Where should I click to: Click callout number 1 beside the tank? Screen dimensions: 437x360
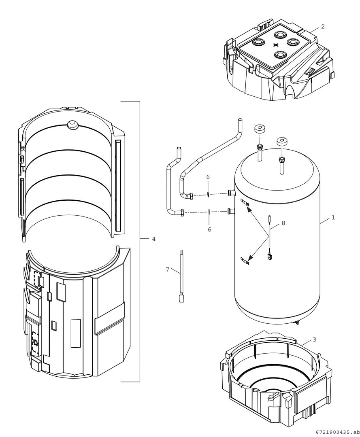point(333,217)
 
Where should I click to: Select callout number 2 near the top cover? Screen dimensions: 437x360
point(322,27)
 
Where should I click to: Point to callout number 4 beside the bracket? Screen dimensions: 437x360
point(153,239)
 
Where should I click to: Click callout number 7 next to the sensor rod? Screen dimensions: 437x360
point(167,269)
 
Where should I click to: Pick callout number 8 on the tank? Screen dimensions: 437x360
point(283,223)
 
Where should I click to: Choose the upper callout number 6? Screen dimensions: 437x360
point(208,177)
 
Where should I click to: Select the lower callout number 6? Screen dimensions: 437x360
point(209,229)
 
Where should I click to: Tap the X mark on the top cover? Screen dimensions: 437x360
point(276,45)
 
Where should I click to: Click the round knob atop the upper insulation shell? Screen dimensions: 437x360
point(72,125)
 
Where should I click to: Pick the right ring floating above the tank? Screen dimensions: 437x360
point(282,142)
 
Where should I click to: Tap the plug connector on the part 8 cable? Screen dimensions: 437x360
point(269,256)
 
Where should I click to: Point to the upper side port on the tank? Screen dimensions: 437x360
point(231,193)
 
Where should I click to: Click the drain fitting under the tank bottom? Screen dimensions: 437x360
point(298,322)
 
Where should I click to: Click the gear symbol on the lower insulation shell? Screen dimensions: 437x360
point(36,344)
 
